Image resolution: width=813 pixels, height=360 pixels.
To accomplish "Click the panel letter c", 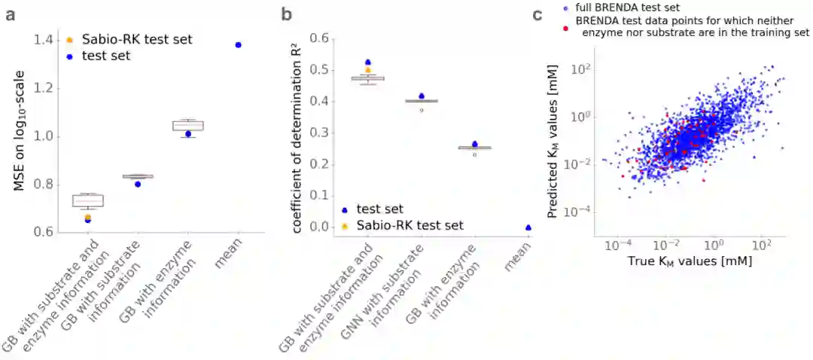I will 537,14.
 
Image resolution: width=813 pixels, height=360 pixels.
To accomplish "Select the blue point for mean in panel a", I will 238,45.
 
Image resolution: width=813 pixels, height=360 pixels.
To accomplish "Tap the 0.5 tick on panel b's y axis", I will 321,70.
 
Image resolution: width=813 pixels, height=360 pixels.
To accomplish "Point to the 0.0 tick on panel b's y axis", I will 321,227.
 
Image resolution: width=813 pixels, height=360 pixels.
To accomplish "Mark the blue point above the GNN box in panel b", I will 422,96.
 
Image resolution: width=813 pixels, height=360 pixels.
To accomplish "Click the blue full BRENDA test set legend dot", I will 565,8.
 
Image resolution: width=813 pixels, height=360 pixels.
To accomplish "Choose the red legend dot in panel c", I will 565,27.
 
